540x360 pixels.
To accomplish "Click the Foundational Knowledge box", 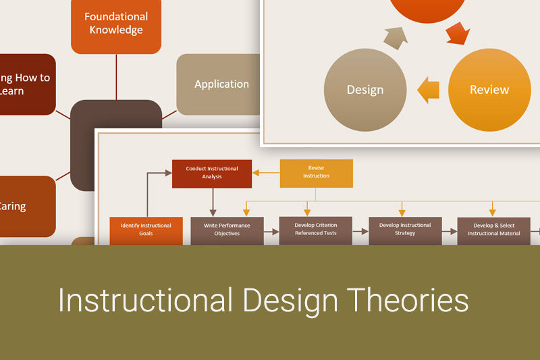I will click(x=116, y=24).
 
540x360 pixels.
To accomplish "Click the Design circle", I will click(x=365, y=90).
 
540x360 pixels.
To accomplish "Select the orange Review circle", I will click(x=489, y=90).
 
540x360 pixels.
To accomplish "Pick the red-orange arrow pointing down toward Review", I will click(x=458, y=32).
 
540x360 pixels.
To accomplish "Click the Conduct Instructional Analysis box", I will click(x=212, y=174).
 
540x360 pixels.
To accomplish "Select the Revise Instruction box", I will click(x=316, y=173).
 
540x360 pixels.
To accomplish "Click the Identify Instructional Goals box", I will click(x=146, y=230).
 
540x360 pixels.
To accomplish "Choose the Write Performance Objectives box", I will click(x=227, y=230).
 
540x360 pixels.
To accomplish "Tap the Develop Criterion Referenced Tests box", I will click(x=315, y=230).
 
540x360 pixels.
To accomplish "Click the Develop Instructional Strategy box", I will click(x=405, y=230).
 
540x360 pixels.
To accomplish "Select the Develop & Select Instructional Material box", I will click(x=494, y=230).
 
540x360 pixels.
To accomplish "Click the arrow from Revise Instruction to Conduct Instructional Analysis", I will click(x=266, y=173).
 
